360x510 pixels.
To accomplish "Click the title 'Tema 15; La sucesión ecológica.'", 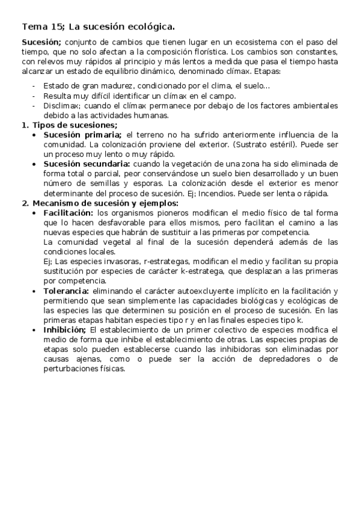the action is (99, 26).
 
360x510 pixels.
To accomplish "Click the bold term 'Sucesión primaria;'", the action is (83, 134).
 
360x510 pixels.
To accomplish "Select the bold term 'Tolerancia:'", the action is (66, 290).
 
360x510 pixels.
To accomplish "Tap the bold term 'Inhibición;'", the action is (65, 330).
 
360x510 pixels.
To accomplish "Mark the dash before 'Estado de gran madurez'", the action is (34, 86).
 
